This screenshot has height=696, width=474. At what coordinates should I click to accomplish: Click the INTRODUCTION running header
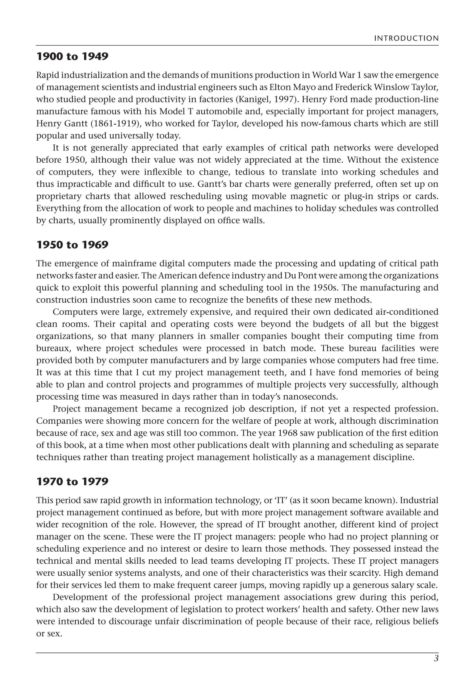(x=406, y=38)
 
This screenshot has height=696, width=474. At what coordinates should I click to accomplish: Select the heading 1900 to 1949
(x=72, y=57)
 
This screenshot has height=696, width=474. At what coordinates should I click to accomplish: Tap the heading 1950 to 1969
(x=72, y=245)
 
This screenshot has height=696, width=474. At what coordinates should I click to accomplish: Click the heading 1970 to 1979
(x=72, y=482)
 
